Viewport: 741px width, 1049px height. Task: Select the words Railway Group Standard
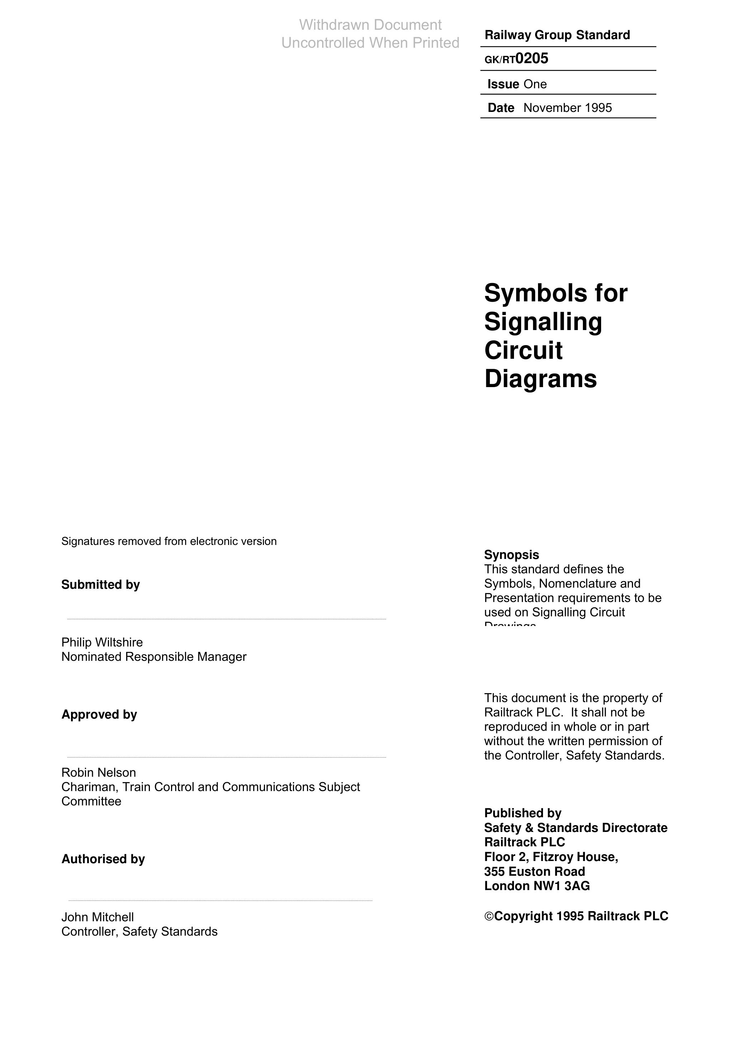[557, 35]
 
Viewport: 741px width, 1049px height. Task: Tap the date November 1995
[567, 108]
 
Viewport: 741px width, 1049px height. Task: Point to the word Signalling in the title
[543, 322]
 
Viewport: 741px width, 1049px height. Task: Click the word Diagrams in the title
[541, 379]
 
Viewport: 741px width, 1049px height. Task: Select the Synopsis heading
[511, 555]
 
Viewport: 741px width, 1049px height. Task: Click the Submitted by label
[100, 585]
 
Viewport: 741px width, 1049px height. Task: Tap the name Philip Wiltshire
[102, 643]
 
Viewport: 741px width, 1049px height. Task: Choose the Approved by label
[99, 715]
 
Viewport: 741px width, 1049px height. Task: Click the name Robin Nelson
[99, 773]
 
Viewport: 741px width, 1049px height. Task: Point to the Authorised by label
[103, 859]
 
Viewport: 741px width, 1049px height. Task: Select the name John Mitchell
[97, 917]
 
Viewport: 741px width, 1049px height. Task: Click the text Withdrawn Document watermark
[370, 25]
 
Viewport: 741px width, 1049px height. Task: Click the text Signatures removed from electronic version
[169, 541]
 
